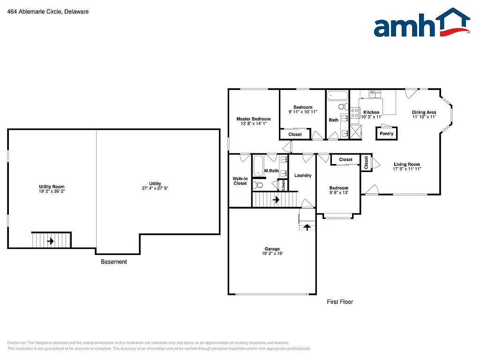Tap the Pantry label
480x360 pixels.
point(387,134)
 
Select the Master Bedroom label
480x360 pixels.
point(253,119)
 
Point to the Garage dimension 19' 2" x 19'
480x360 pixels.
point(272,254)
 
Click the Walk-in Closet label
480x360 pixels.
point(240,180)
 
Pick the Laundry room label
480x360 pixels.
point(303,175)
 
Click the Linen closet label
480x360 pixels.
point(283,185)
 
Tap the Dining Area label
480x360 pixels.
point(424,112)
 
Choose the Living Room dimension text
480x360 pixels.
point(407,169)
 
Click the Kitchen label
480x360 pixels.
point(371,112)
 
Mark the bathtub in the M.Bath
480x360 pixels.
point(258,166)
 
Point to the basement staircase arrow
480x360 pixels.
point(50,241)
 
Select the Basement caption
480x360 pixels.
point(114,262)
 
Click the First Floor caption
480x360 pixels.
point(340,302)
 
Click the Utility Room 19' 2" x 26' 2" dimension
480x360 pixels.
point(52,191)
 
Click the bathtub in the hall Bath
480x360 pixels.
point(337,96)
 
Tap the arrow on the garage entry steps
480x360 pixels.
point(307,227)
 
